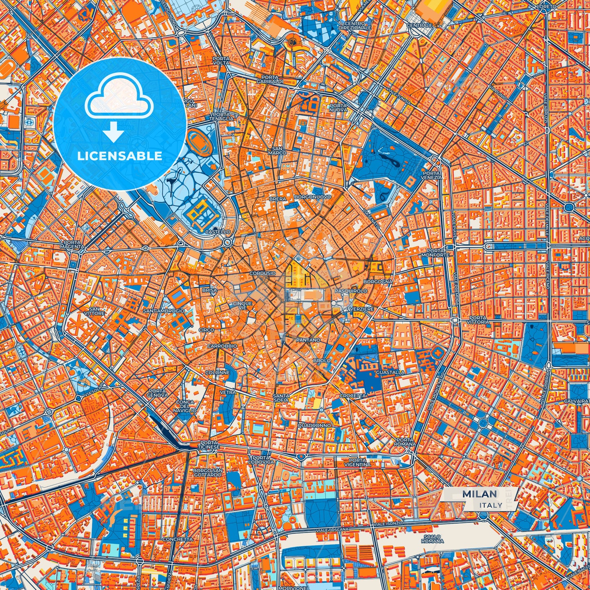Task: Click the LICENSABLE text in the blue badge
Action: (120, 156)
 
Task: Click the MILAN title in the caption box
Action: (480, 494)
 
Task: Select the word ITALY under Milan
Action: (491, 505)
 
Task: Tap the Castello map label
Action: (218, 232)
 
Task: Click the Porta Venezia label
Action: (432, 176)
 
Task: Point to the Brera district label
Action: (278, 199)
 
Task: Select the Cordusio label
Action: (263, 273)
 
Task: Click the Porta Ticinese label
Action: (210, 445)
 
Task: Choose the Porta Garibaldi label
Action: (270, 80)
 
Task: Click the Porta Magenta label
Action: (72, 245)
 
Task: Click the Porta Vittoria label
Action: (478, 320)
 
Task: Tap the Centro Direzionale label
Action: (354, 26)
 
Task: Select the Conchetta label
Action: (177, 539)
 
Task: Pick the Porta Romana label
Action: (405, 442)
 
